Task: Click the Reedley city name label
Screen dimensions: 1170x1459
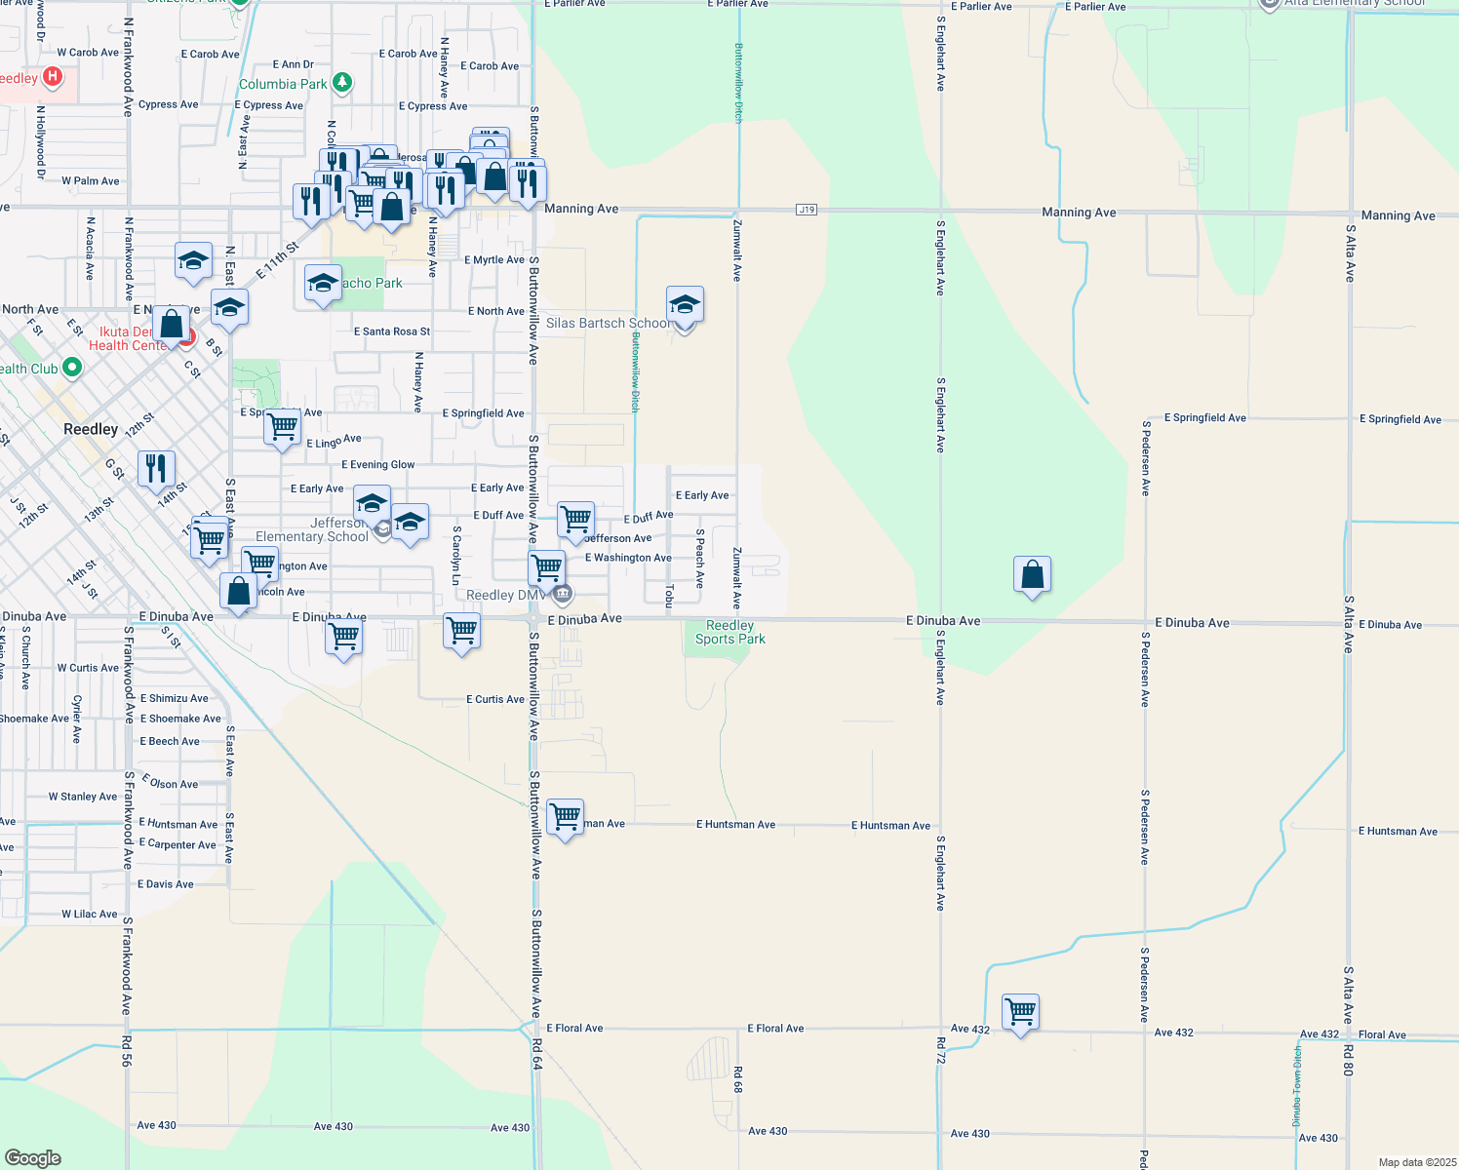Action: pos(91,429)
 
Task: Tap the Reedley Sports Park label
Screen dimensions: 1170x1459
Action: pos(729,633)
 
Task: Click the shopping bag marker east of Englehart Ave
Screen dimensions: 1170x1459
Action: pos(1032,575)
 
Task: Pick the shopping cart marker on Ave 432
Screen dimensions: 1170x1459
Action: pos(1020,1013)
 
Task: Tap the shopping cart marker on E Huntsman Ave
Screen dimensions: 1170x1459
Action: pos(566,818)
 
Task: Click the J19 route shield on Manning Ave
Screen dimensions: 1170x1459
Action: pos(806,210)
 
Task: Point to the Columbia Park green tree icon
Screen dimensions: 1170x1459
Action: pos(341,83)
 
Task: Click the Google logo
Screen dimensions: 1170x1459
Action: pos(33,1157)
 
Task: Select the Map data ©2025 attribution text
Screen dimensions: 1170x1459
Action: pos(1416,1162)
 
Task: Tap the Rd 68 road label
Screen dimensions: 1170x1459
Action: pos(738,1079)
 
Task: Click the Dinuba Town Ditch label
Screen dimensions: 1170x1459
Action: pos(1297,1085)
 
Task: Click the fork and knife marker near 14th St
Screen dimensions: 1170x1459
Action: pos(156,469)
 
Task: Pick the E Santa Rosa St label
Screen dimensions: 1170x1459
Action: pos(391,331)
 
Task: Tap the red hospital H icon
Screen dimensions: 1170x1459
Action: pos(53,76)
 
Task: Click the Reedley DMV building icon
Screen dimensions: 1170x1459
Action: pos(562,594)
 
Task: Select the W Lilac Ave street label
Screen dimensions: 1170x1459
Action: pos(90,915)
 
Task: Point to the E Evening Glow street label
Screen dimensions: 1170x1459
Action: pos(377,465)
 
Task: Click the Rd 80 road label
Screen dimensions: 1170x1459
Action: pos(1348,1060)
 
